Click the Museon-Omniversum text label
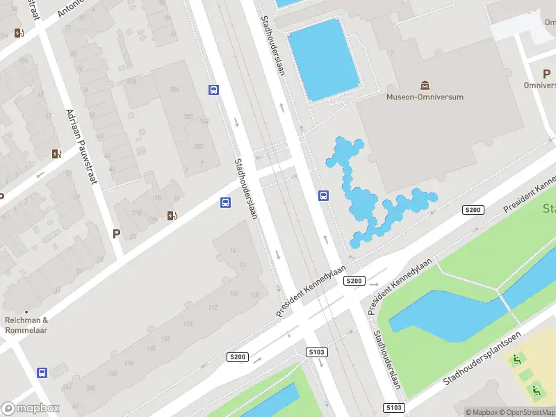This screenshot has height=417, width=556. (x=425, y=97)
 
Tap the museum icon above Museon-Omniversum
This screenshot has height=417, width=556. (x=424, y=85)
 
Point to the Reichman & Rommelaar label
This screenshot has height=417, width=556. (x=26, y=325)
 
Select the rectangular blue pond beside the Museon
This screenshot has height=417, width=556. (x=323, y=59)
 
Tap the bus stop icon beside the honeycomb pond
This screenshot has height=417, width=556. (x=324, y=195)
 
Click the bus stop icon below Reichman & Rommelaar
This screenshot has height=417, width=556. (x=42, y=373)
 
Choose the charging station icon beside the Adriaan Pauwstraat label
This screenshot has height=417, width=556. (x=56, y=154)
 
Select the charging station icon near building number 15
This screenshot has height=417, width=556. (x=172, y=215)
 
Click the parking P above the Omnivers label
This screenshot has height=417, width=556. (x=546, y=73)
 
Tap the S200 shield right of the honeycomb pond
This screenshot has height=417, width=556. (x=473, y=210)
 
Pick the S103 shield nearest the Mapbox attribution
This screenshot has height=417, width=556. (x=393, y=407)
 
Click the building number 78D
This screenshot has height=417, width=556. (x=198, y=146)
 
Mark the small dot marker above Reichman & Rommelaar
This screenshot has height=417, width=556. (x=26, y=311)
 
